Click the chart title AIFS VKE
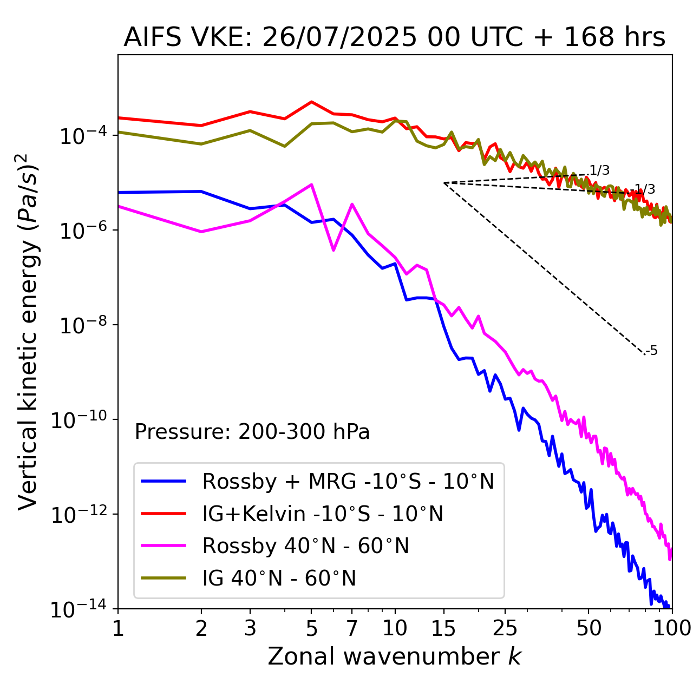[x=394, y=37]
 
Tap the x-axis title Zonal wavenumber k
[x=394, y=656]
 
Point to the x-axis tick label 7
[x=352, y=628]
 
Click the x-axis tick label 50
[x=589, y=628]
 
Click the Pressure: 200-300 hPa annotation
[x=252, y=432]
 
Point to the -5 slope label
[x=652, y=351]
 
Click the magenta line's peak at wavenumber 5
[x=311, y=185]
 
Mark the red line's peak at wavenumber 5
[x=311, y=102]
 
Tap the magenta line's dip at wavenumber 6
[x=334, y=250]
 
